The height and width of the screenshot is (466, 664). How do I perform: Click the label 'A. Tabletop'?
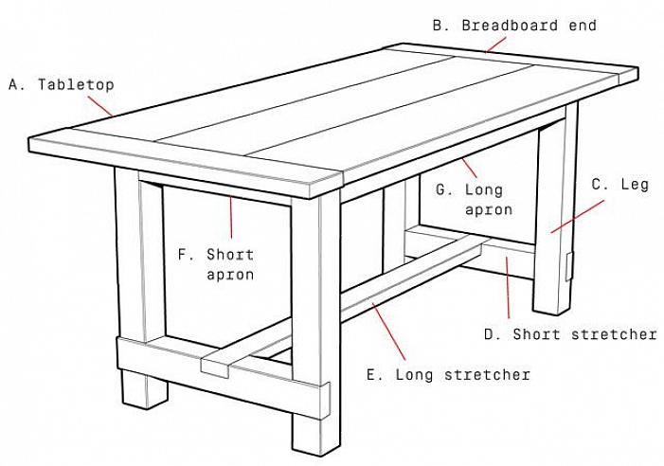click(62, 84)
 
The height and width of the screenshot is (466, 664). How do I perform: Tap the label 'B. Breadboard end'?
click(514, 26)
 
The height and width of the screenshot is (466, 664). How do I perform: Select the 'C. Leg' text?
click(620, 185)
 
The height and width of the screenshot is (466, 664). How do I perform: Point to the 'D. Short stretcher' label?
click(570, 334)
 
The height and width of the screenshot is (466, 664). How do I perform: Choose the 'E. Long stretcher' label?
click(448, 374)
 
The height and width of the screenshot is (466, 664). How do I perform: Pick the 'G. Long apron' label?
click(475, 199)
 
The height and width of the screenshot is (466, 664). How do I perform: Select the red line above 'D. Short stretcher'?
click(509, 284)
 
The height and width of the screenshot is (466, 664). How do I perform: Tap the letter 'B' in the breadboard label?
click(438, 26)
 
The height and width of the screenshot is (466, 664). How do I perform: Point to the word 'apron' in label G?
click(489, 209)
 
